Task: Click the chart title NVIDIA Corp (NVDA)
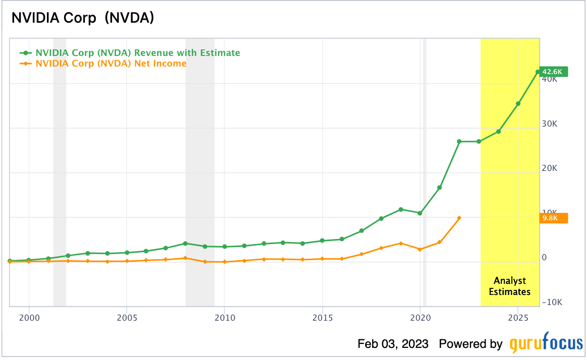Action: pos(83,18)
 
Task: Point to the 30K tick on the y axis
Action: pos(549,124)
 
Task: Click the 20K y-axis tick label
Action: pos(549,168)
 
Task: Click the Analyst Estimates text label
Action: pos(509,286)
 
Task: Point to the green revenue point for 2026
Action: pos(538,72)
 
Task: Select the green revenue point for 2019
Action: pos(400,209)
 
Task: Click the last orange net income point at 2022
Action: pos(459,218)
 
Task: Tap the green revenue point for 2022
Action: pos(459,142)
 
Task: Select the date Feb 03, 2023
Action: pos(393,344)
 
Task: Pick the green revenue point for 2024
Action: pos(498,132)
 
